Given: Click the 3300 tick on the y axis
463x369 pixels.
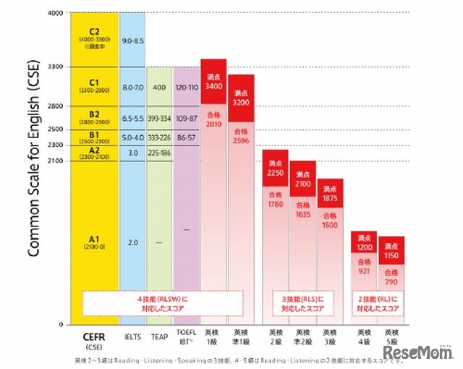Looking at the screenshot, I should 55,67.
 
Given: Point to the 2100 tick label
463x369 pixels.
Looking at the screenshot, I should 55,161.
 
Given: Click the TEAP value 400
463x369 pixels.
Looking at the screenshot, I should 159,87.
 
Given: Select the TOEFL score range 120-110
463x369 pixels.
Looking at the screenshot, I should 186,87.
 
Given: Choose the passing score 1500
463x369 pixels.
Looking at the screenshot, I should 330,221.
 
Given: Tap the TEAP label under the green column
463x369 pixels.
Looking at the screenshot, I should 159,336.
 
